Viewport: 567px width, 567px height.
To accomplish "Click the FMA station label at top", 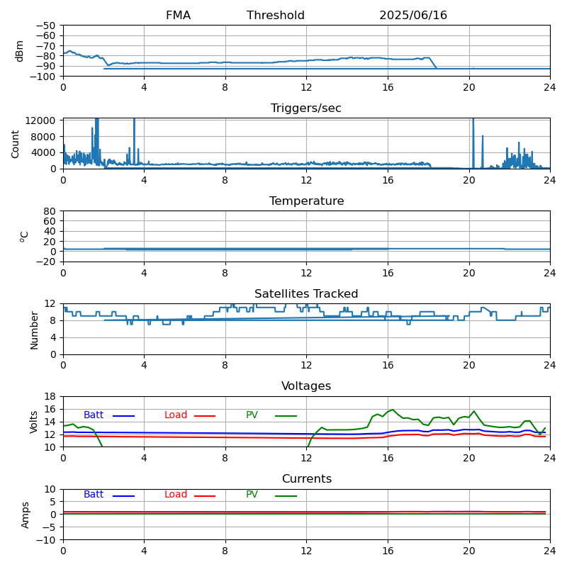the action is coord(178,15).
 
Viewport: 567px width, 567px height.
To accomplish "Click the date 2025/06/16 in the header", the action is coord(413,15).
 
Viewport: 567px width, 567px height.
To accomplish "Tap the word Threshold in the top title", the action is coord(276,15).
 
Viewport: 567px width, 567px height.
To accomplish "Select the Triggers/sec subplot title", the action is coord(306,108).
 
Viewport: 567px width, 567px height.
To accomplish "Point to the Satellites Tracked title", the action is coord(306,293).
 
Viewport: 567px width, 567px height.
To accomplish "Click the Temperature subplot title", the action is coord(307,201).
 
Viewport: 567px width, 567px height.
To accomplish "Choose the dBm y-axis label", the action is coord(19,51).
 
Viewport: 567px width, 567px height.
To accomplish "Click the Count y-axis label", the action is coord(15,145).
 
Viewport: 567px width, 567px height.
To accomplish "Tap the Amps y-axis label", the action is coord(25,515).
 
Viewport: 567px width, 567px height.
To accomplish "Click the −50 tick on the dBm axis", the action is coord(45,26).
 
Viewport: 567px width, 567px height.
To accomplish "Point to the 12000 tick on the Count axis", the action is coord(40,120).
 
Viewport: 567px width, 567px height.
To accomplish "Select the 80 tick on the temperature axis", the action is coord(50,211).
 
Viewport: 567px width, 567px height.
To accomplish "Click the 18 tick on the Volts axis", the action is coord(50,396).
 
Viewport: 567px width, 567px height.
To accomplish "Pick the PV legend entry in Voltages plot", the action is coord(271,415).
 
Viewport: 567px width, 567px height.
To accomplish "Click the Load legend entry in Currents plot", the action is coord(190,495).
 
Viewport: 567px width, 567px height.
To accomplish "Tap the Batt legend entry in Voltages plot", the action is coord(109,415).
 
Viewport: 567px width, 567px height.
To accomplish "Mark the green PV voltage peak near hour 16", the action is coord(393,410).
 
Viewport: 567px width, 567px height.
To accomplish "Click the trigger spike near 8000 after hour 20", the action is coord(483,136).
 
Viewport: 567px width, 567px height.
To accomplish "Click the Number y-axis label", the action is coord(34,330).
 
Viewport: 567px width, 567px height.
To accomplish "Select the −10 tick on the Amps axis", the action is coord(45,540).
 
